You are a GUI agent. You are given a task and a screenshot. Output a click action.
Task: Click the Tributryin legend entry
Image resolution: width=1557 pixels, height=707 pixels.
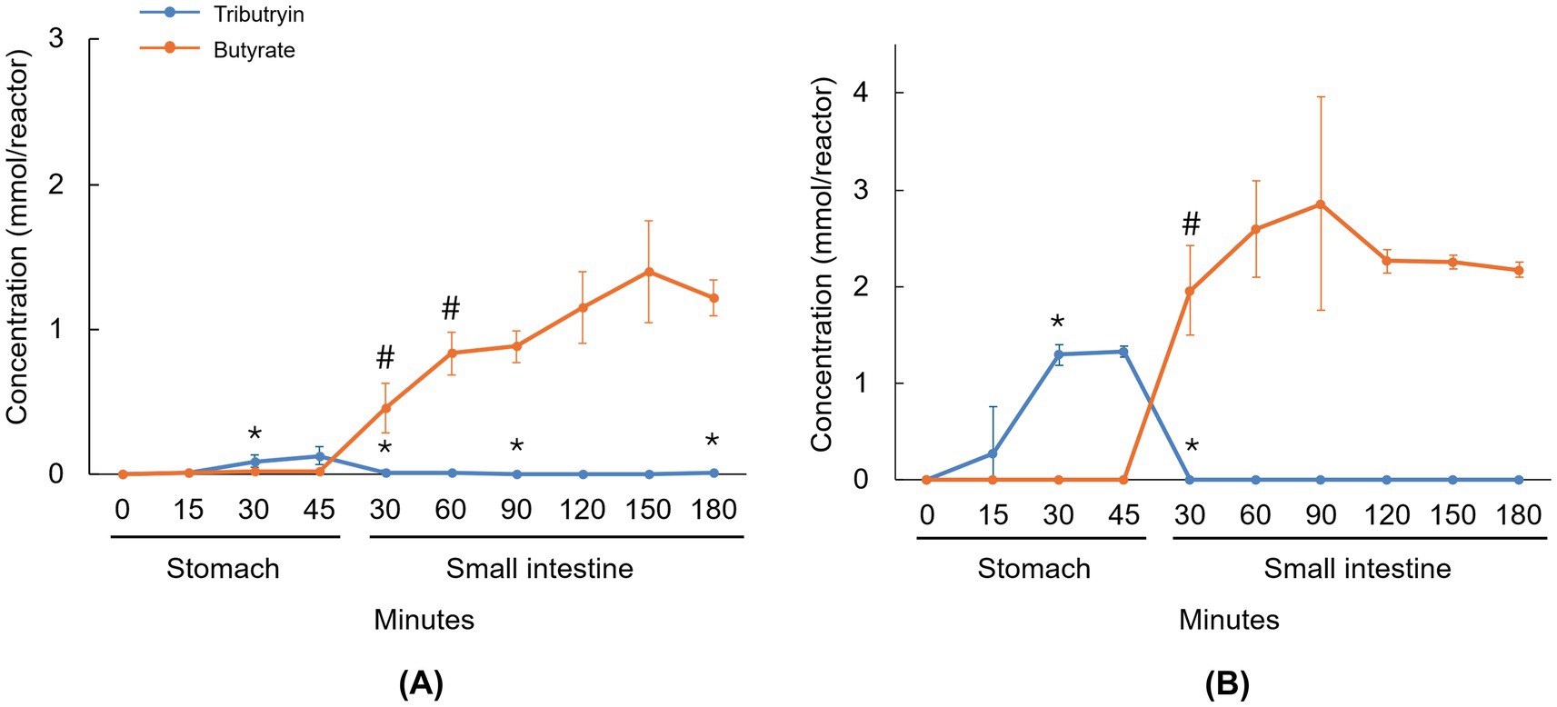click(258, 15)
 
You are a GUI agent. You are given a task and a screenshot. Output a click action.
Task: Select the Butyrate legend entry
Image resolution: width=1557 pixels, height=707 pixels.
click(254, 50)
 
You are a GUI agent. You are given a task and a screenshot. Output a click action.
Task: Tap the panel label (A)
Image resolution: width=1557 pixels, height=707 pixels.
click(421, 683)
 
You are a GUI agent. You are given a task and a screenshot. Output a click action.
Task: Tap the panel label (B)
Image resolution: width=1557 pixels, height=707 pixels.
click(1227, 683)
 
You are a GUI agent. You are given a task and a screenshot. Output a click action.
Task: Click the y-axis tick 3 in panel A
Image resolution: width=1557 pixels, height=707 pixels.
click(56, 40)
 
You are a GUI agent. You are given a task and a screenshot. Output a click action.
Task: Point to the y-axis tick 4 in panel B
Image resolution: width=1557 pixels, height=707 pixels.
click(861, 94)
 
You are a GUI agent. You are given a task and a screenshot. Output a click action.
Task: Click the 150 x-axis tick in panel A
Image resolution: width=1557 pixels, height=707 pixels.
click(648, 509)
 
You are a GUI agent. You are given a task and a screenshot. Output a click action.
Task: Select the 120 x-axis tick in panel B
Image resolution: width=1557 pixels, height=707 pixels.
click(1386, 515)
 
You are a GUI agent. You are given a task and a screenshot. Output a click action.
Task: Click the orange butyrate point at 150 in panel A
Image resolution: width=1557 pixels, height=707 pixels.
click(649, 272)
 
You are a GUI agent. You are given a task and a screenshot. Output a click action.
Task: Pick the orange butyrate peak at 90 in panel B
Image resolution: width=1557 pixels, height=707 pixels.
click(1321, 204)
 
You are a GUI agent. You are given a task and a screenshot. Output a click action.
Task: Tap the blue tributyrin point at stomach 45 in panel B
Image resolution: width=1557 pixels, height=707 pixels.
click(1124, 352)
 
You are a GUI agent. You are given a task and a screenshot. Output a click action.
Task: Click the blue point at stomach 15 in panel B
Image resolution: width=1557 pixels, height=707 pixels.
click(993, 453)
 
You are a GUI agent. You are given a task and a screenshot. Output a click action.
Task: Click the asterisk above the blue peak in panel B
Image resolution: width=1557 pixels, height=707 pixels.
click(1058, 323)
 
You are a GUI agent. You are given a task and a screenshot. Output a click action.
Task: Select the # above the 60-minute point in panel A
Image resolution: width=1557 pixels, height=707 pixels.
click(451, 309)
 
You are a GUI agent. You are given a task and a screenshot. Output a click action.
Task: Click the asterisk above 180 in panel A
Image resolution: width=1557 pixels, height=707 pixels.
click(713, 442)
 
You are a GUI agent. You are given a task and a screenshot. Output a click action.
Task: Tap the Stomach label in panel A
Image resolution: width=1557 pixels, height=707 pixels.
click(223, 569)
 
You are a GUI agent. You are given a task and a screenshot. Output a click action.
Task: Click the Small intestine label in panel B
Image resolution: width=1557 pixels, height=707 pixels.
click(1357, 569)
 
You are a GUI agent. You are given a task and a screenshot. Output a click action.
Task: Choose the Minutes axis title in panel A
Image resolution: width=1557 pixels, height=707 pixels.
click(424, 620)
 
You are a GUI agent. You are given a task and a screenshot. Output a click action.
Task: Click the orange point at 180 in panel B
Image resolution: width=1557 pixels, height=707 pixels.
click(1519, 270)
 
